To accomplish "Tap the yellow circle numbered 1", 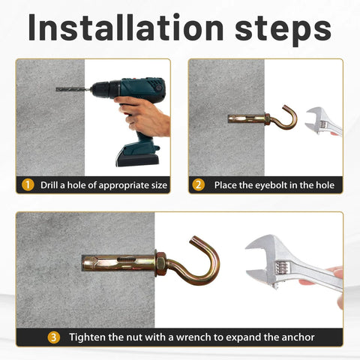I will (x=28, y=184).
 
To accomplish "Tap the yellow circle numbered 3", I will (x=54, y=337).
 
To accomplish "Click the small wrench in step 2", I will (x=324, y=120).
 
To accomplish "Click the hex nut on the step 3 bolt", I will (x=160, y=265).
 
